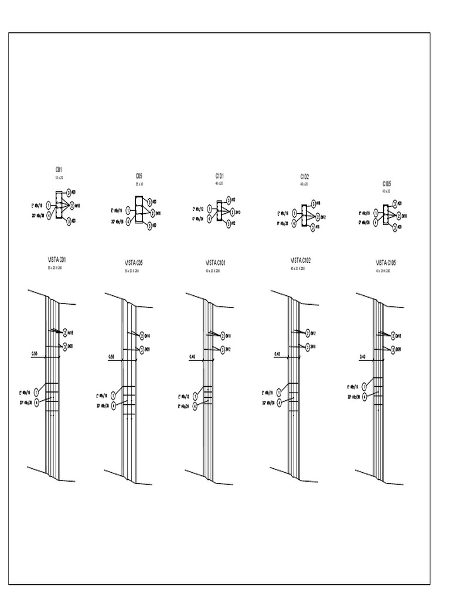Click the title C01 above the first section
pos(59,170)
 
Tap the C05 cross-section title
pos(139,176)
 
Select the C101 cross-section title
pos(219,176)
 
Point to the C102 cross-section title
pos(305,176)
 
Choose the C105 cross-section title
pos(387,183)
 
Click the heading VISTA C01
pos(57,260)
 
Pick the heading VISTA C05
pos(134,263)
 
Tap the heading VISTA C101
pos(216,263)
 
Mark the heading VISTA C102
pos(301,260)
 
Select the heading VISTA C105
pos(386,263)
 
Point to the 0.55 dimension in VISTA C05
pos(111,357)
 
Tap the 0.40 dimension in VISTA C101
pos(192,357)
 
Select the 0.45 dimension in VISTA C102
pos(278,354)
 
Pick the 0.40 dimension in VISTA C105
pos(362,357)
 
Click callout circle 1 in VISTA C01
pos(36,392)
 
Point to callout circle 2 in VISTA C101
pos(223,336)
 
